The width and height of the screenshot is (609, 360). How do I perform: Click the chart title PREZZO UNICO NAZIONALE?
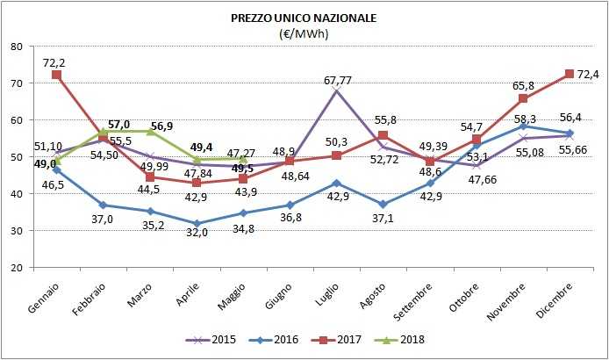point(303,17)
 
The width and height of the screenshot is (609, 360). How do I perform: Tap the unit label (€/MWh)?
point(303,33)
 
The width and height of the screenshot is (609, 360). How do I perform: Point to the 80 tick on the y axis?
point(18,47)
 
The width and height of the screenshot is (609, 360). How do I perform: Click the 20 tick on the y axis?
point(18,268)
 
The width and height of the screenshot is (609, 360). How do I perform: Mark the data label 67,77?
point(337,81)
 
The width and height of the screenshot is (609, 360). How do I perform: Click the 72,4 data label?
point(585,74)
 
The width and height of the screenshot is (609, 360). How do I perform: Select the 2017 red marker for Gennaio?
point(57,76)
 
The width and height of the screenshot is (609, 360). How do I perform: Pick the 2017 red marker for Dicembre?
point(569,74)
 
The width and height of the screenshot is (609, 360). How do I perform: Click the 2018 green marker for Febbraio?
point(104,132)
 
